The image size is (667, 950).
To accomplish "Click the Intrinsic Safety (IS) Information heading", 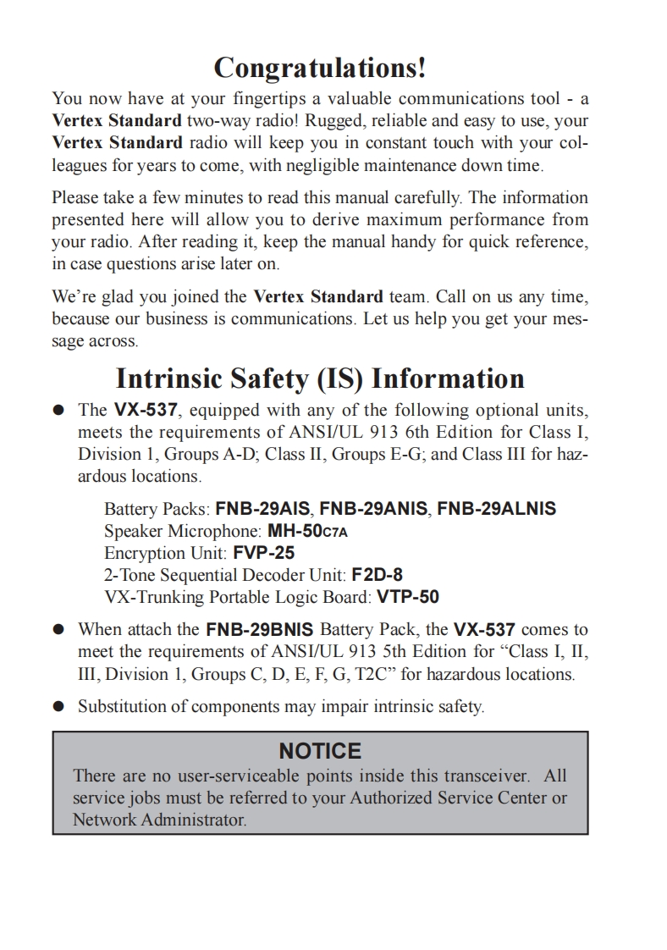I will coord(320,378).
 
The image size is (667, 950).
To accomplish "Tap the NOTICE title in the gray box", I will coord(320,751).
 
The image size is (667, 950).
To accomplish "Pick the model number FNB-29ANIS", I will coord(373,509).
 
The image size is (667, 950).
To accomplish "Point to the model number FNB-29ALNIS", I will coord(496,509).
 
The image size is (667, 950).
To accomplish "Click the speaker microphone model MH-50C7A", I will coord(307,531).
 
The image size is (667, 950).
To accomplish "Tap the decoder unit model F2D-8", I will coord(377,575).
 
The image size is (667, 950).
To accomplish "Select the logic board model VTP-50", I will coord(408,597).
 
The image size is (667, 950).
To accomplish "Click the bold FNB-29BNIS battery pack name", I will coord(260,630).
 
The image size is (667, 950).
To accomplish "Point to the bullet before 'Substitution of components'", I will coord(58,706).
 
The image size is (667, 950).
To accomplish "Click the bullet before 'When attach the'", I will coord(58,630).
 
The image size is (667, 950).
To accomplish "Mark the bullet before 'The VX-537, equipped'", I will coord(58,411).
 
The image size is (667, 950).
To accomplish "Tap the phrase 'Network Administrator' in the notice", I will coord(158,820).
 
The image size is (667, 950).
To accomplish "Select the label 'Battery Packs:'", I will coord(157,509).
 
